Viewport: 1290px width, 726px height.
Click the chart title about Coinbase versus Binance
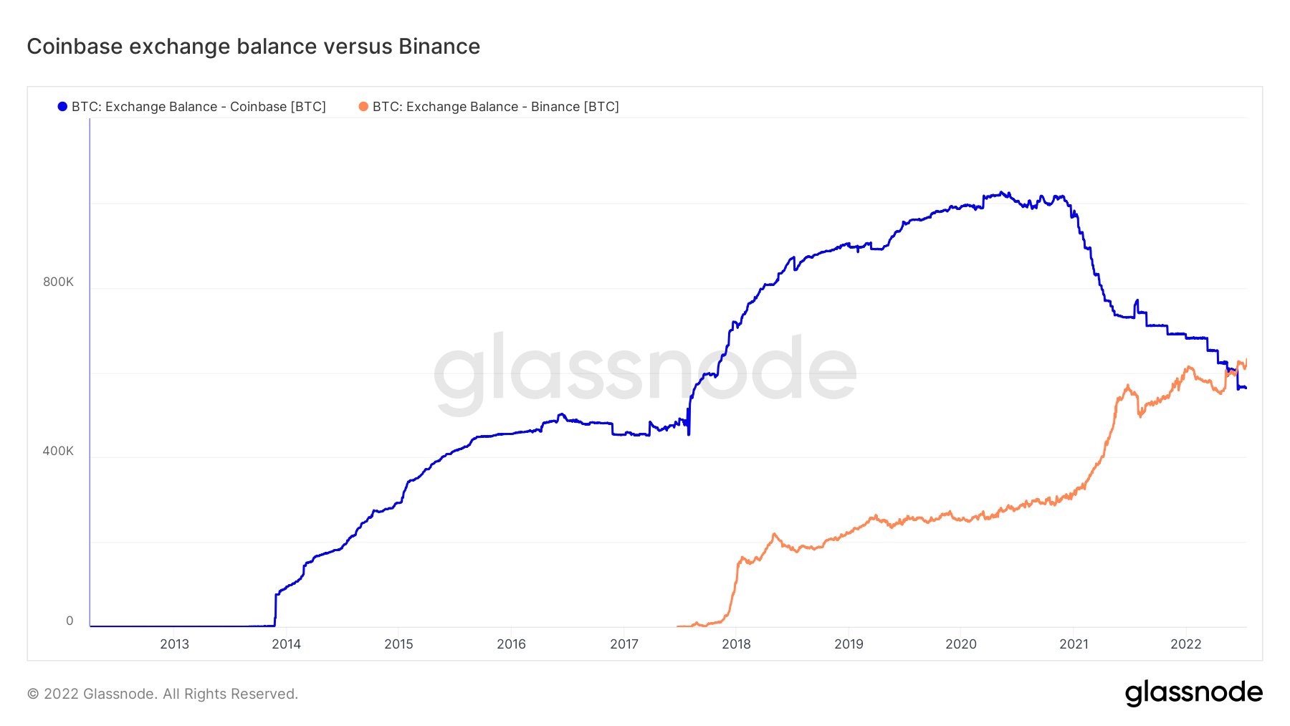tap(254, 47)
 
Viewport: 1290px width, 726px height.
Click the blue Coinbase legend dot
tap(62, 107)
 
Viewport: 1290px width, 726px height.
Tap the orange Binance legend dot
tap(363, 107)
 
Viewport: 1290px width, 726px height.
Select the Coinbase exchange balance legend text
tap(199, 107)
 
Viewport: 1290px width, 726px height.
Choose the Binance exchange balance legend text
tap(495, 107)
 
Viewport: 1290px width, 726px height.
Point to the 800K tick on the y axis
tap(58, 282)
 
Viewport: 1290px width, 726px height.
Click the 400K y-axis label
tap(58, 451)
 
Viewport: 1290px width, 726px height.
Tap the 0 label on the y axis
tap(70, 621)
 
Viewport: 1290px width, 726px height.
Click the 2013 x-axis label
tap(174, 644)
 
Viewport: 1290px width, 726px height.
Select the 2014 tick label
tap(287, 644)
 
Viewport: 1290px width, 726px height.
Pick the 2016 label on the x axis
tap(512, 644)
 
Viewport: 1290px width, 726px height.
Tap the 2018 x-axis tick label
tap(737, 644)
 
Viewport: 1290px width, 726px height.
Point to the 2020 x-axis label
tap(961, 644)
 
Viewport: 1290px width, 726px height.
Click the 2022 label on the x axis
tap(1186, 644)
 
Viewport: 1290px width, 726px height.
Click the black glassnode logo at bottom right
tap(1193, 693)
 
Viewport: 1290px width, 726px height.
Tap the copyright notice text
tap(163, 694)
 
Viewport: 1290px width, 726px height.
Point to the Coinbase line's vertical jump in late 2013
tap(276, 609)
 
